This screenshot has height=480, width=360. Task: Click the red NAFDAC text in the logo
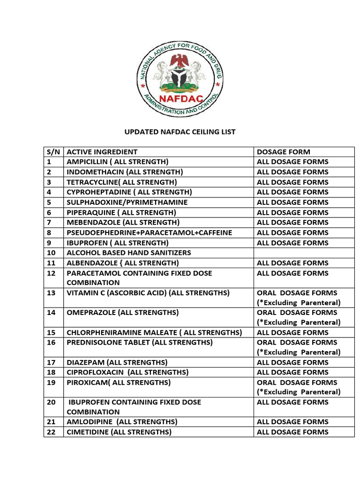(180, 98)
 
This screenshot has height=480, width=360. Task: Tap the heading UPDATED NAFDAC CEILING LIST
(180, 132)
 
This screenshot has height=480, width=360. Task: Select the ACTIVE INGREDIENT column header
(102, 152)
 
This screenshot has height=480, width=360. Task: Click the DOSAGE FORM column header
(283, 152)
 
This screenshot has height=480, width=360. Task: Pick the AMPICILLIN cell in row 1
(117, 162)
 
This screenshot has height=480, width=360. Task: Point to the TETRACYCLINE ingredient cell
(122, 182)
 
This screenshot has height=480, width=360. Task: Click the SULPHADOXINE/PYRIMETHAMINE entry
(127, 202)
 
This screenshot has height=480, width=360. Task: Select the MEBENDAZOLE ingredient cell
(123, 222)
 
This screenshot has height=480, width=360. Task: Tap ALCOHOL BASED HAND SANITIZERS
(129, 253)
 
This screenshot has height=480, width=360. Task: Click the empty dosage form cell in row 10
(304, 253)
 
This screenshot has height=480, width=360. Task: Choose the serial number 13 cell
(52, 293)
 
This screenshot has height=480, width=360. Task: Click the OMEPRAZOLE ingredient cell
(123, 312)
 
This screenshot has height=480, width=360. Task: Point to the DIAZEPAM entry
(117, 362)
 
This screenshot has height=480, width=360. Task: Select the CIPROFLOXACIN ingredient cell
(127, 372)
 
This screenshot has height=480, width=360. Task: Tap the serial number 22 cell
(52, 432)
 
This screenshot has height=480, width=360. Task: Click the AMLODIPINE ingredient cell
(122, 422)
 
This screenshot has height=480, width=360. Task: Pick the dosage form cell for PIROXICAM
(299, 387)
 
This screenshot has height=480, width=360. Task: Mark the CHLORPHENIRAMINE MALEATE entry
(154, 332)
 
